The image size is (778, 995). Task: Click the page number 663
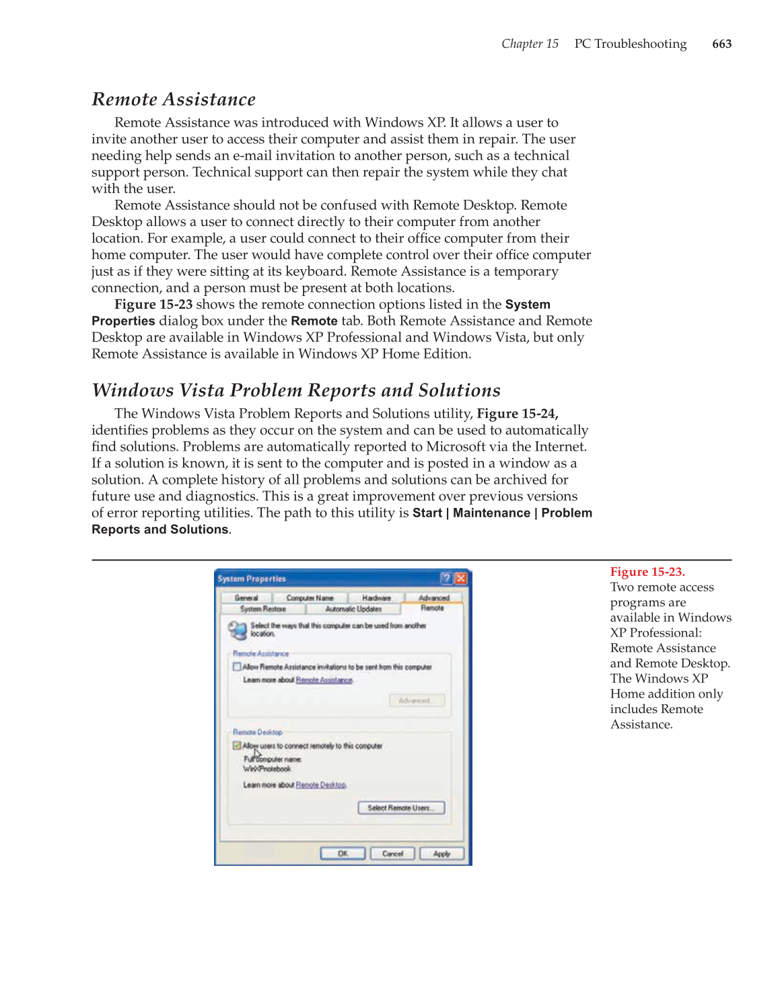coord(721,44)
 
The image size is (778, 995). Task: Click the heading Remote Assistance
coord(174,100)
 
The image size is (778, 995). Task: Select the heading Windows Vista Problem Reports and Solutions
coord(296,390)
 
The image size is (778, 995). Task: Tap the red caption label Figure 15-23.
coord(647,572)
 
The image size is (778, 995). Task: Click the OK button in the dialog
coord(343,854)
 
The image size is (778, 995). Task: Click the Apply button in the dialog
coord(441,854)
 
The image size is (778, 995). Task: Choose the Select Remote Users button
coord(401,808)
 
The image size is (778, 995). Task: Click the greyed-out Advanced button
coord(416,700)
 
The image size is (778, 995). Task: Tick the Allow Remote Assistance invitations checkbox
coord(237,667)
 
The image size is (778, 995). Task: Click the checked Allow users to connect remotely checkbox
coord(237,745)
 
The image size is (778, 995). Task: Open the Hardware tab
coord(376,597)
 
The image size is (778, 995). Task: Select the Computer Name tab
coord(310,597)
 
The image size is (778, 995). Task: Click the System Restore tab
coord(263,609)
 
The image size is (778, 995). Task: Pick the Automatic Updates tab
coord(353,609)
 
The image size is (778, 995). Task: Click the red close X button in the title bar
coord(461,579)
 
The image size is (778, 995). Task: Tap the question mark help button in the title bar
coord(446,579)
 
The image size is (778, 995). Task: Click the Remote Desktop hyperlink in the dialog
coord(321,785)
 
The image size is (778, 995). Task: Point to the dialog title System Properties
coord(252,579)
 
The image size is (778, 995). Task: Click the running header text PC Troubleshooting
coord(630,44)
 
